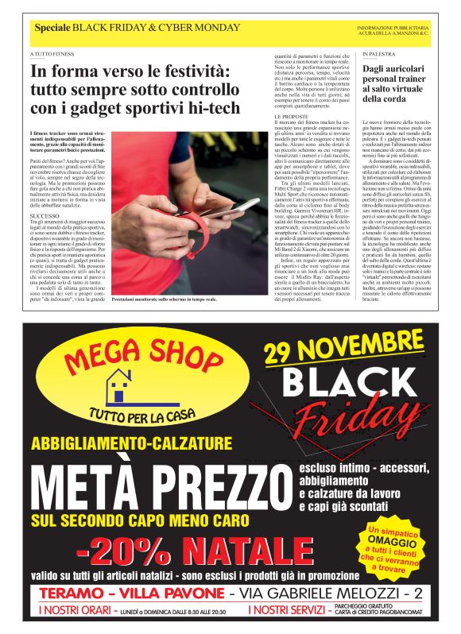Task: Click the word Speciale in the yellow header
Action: click(52, 29)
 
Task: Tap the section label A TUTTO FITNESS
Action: click(49, 54)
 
